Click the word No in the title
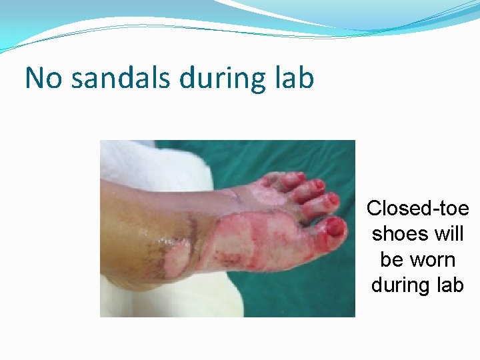[x=44, y=78]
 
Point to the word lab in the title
[x=294, y=78]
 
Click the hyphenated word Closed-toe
[x=417, y=209]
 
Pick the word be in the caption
[x=390, y=259]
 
